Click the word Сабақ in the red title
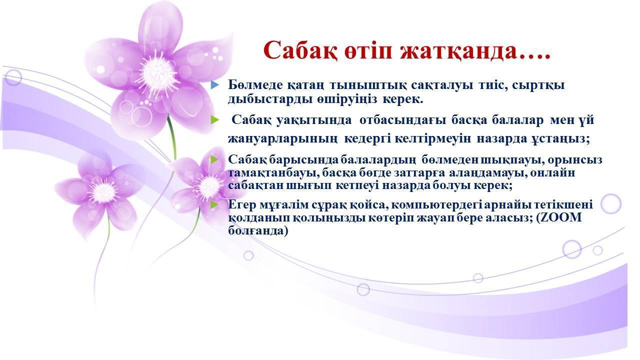299,51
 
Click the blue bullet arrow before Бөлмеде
215,84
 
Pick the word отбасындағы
402,120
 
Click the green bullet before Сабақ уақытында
215,120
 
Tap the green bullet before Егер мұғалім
215,204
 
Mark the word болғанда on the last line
256,231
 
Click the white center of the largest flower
157,73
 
